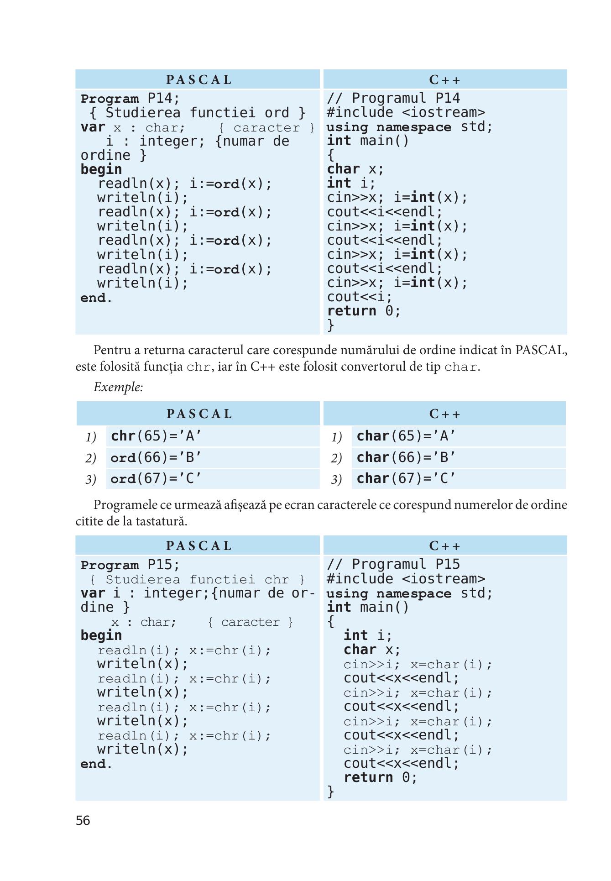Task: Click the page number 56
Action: [83, 820]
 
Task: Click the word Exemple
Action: [118, 387]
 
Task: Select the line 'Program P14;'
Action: [131, 99]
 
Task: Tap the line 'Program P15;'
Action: [131, 565]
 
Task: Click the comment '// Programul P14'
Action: [393, 98]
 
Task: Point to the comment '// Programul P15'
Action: [393, 565]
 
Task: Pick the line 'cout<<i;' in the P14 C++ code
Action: [360, 297]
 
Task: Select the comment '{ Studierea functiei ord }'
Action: [197, 113]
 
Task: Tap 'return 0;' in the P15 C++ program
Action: [381, 777]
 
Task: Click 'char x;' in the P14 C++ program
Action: [356, 169]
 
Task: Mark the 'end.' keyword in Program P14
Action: [96, 298]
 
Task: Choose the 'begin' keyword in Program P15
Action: [101, 636]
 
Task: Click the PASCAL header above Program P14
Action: [199, 80]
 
